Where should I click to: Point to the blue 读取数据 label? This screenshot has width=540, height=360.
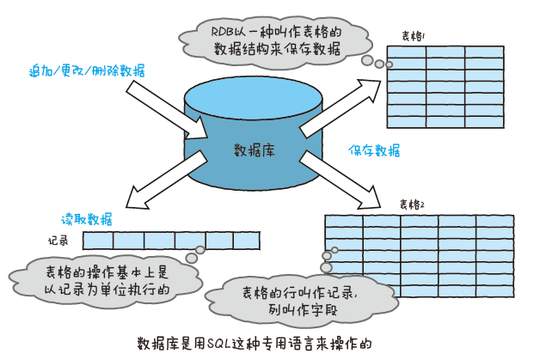86,218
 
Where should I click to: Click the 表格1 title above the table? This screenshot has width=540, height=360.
419,37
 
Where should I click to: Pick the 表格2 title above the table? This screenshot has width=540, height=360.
412,204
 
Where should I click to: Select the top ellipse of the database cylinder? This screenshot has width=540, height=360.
255,97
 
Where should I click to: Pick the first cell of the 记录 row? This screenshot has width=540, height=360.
97,241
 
